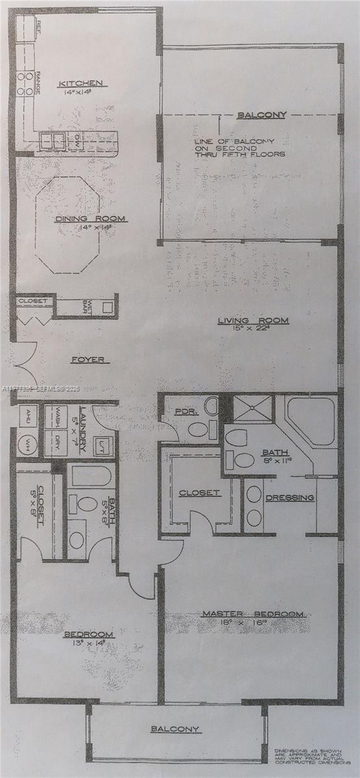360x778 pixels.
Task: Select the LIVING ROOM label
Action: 253,320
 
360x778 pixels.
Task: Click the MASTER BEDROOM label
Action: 252,613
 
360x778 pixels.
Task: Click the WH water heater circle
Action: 28,445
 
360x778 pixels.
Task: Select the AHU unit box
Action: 27,418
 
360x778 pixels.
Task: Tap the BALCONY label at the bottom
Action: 175,729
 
